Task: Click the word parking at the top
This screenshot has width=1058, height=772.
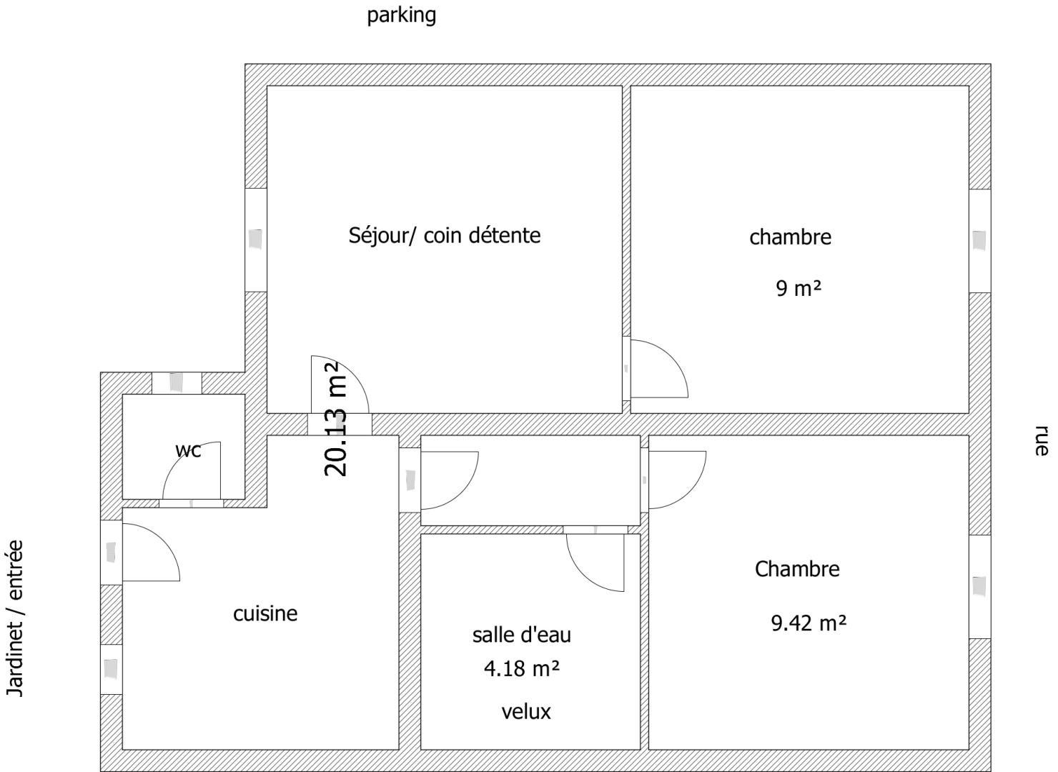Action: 402,16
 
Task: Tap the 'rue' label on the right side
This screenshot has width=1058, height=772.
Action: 1041,440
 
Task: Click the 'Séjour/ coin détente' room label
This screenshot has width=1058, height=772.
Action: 445,235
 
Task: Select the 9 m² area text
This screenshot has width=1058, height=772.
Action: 799,287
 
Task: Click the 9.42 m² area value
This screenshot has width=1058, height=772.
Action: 809,623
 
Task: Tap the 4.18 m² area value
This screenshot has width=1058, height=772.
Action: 521,668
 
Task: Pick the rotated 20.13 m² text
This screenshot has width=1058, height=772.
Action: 336,419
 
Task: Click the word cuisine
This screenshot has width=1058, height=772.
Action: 265,614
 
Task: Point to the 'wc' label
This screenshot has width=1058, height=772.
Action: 188,450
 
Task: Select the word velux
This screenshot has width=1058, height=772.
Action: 526,711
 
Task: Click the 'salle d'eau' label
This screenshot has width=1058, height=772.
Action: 521,635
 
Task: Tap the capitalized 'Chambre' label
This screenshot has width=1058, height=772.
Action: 797,569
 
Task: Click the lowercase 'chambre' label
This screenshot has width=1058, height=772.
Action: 790,237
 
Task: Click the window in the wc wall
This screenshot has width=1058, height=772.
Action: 177,383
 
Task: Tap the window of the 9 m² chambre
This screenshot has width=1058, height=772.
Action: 979,241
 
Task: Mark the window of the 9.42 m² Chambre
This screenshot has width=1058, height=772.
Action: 979,586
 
